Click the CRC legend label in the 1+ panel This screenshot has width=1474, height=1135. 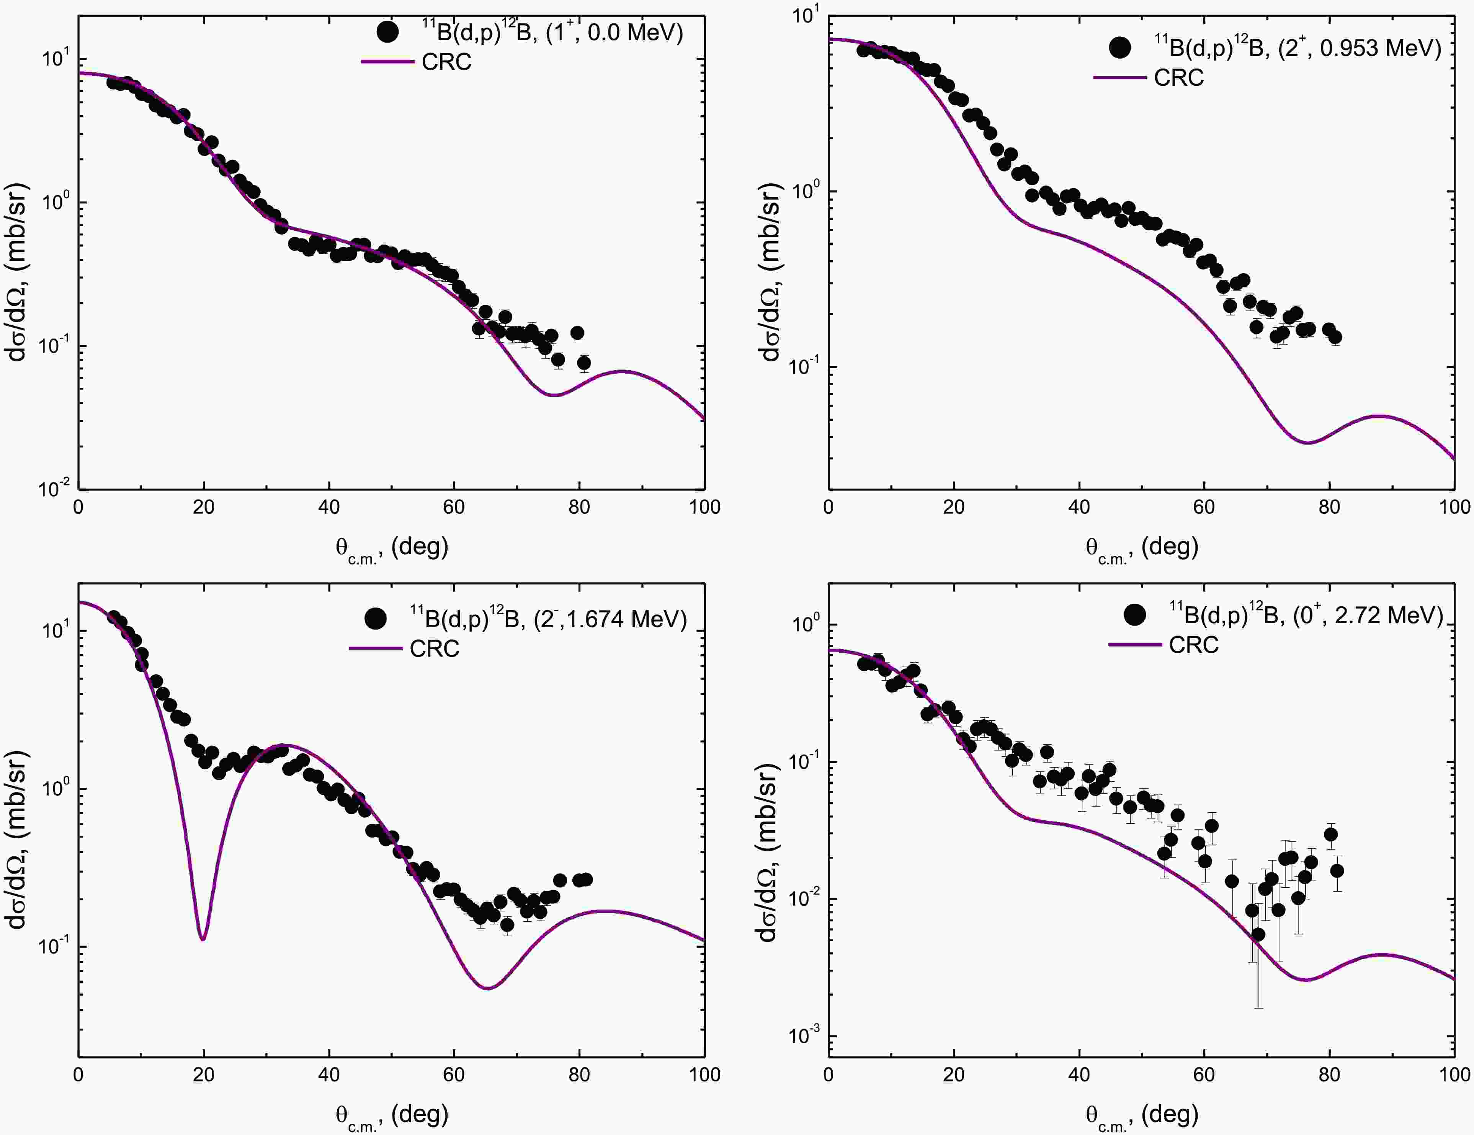(x=446, y=62)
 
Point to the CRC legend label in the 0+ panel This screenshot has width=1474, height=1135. (x=1194, y=645)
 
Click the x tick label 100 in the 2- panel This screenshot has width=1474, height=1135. (x=704, y=1074)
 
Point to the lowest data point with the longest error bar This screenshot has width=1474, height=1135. (x=1258, y=934)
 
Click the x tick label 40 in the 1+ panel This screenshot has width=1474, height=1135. (x=328, y=507)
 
